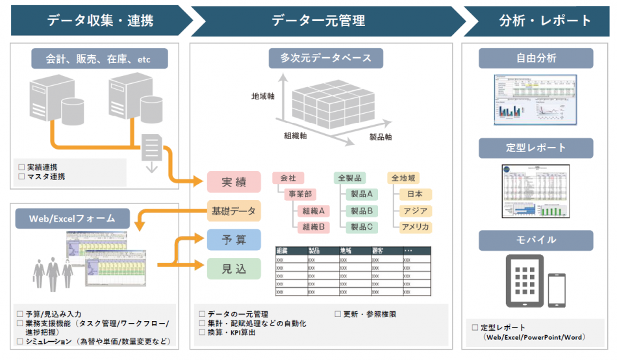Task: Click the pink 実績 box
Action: tap(234, 183)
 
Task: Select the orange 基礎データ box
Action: tap(234, 211)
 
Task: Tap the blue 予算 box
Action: tap(234, 240)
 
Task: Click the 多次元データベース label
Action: tap(326, 58)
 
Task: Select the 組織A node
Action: tap(313, 211)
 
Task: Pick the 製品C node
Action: tap(361, 227)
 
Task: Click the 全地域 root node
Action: tap(404, 177)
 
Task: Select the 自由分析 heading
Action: tap(536, 58)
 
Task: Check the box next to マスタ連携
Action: tap(21, 176)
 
